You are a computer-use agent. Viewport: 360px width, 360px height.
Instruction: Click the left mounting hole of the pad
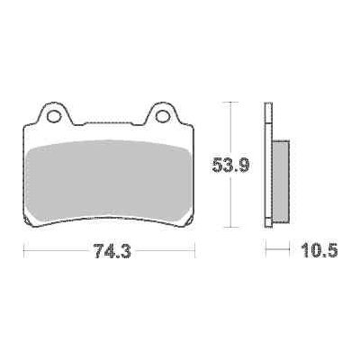pyautogui.click(x=54, y=116)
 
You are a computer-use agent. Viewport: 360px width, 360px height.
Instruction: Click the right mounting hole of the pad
pyautogui.click(x=163, y=116)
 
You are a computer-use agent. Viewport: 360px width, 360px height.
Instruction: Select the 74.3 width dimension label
pyautogui.click(x=112, y=250)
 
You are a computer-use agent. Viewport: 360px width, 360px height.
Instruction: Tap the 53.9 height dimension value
pyautogui.click(x=230, y=166)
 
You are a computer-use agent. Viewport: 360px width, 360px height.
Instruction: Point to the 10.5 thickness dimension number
pyautogui.click(x=319, y=250)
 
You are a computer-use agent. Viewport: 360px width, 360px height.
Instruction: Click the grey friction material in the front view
pyautogui.click(x=109, y=181)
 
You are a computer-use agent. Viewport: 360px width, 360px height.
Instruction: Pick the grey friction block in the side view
pyautogui.click(x=281, y=181)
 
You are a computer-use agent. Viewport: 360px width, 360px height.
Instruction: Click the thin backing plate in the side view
pyautogui.click(x=268, y=165)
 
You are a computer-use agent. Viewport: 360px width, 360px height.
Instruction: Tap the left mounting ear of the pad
pyautogui.click(x=54, y=113)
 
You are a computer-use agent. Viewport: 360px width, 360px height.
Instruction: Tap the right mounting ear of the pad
pyautogui.click(x=164, y=113)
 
